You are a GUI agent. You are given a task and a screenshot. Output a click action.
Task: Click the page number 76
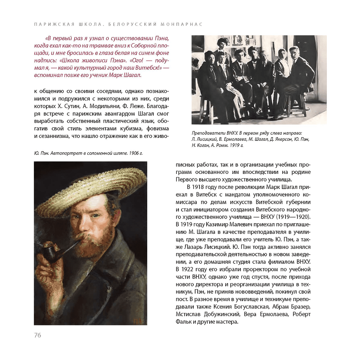pos(37,335)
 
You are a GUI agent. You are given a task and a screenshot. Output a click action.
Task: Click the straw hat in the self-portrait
pos(90,191)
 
